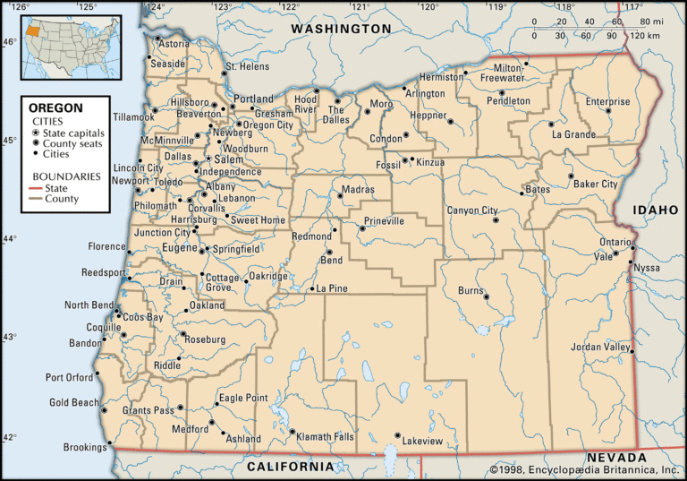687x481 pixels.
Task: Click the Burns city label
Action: point(471,291)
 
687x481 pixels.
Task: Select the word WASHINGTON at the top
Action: point(341,29)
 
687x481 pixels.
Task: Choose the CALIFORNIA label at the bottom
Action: point(290,467)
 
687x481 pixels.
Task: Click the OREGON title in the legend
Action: point(57,107)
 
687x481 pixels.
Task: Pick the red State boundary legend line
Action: point(42,188)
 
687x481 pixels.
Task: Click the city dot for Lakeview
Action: point(397,436)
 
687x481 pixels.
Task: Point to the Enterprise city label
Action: point(607,101)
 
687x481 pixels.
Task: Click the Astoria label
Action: point(174,44)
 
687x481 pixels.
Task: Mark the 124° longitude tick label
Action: point(156,7)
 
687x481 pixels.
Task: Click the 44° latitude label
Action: point(9,239)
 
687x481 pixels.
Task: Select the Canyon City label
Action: point(471,210)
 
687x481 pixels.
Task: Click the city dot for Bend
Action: point(329,252)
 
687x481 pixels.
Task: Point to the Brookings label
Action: point(85,447)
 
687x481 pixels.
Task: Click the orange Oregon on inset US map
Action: point(32,30)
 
